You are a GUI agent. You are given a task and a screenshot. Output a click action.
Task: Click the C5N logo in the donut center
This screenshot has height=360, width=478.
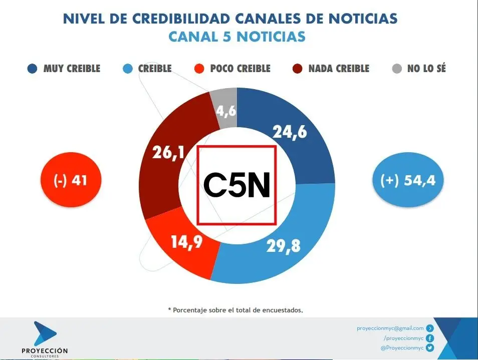pyautogui.click(x=236, y=185)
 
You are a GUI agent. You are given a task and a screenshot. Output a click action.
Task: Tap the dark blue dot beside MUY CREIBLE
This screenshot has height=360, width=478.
pyautogui.click(x=32, y=69)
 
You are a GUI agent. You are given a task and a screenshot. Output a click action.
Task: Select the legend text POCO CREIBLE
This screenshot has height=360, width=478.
pyautogui.click(x=240, y=69)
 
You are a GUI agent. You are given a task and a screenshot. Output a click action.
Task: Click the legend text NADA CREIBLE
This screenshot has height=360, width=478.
pyautogui.click(x=339, y=69)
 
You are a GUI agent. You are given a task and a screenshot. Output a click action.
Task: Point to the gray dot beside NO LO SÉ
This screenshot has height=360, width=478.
pyautogui.click(x=396, y=69)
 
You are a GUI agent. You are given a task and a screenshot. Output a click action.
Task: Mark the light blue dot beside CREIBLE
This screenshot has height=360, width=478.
pyautogui.click(x=128, y=69)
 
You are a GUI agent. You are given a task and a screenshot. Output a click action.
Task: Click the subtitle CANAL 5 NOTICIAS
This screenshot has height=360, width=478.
pyautogui.click(x=236, y=37)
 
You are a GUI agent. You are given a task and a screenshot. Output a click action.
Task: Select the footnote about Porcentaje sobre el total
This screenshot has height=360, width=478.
pyautogui.click(x=235, y=310)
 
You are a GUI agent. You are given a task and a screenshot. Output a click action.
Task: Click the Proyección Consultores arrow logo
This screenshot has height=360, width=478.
pyautogui.click(x=45, y=332)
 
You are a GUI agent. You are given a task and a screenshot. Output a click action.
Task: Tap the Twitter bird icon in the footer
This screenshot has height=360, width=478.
pyautogui.click(x=429, y=347)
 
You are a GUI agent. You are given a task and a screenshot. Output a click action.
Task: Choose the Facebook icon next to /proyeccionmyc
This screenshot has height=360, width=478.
pyautogui.click(x=429, y=338)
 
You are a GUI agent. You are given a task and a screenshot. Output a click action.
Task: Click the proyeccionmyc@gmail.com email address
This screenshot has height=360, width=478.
pyautogui.click(x=390, y=328)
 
